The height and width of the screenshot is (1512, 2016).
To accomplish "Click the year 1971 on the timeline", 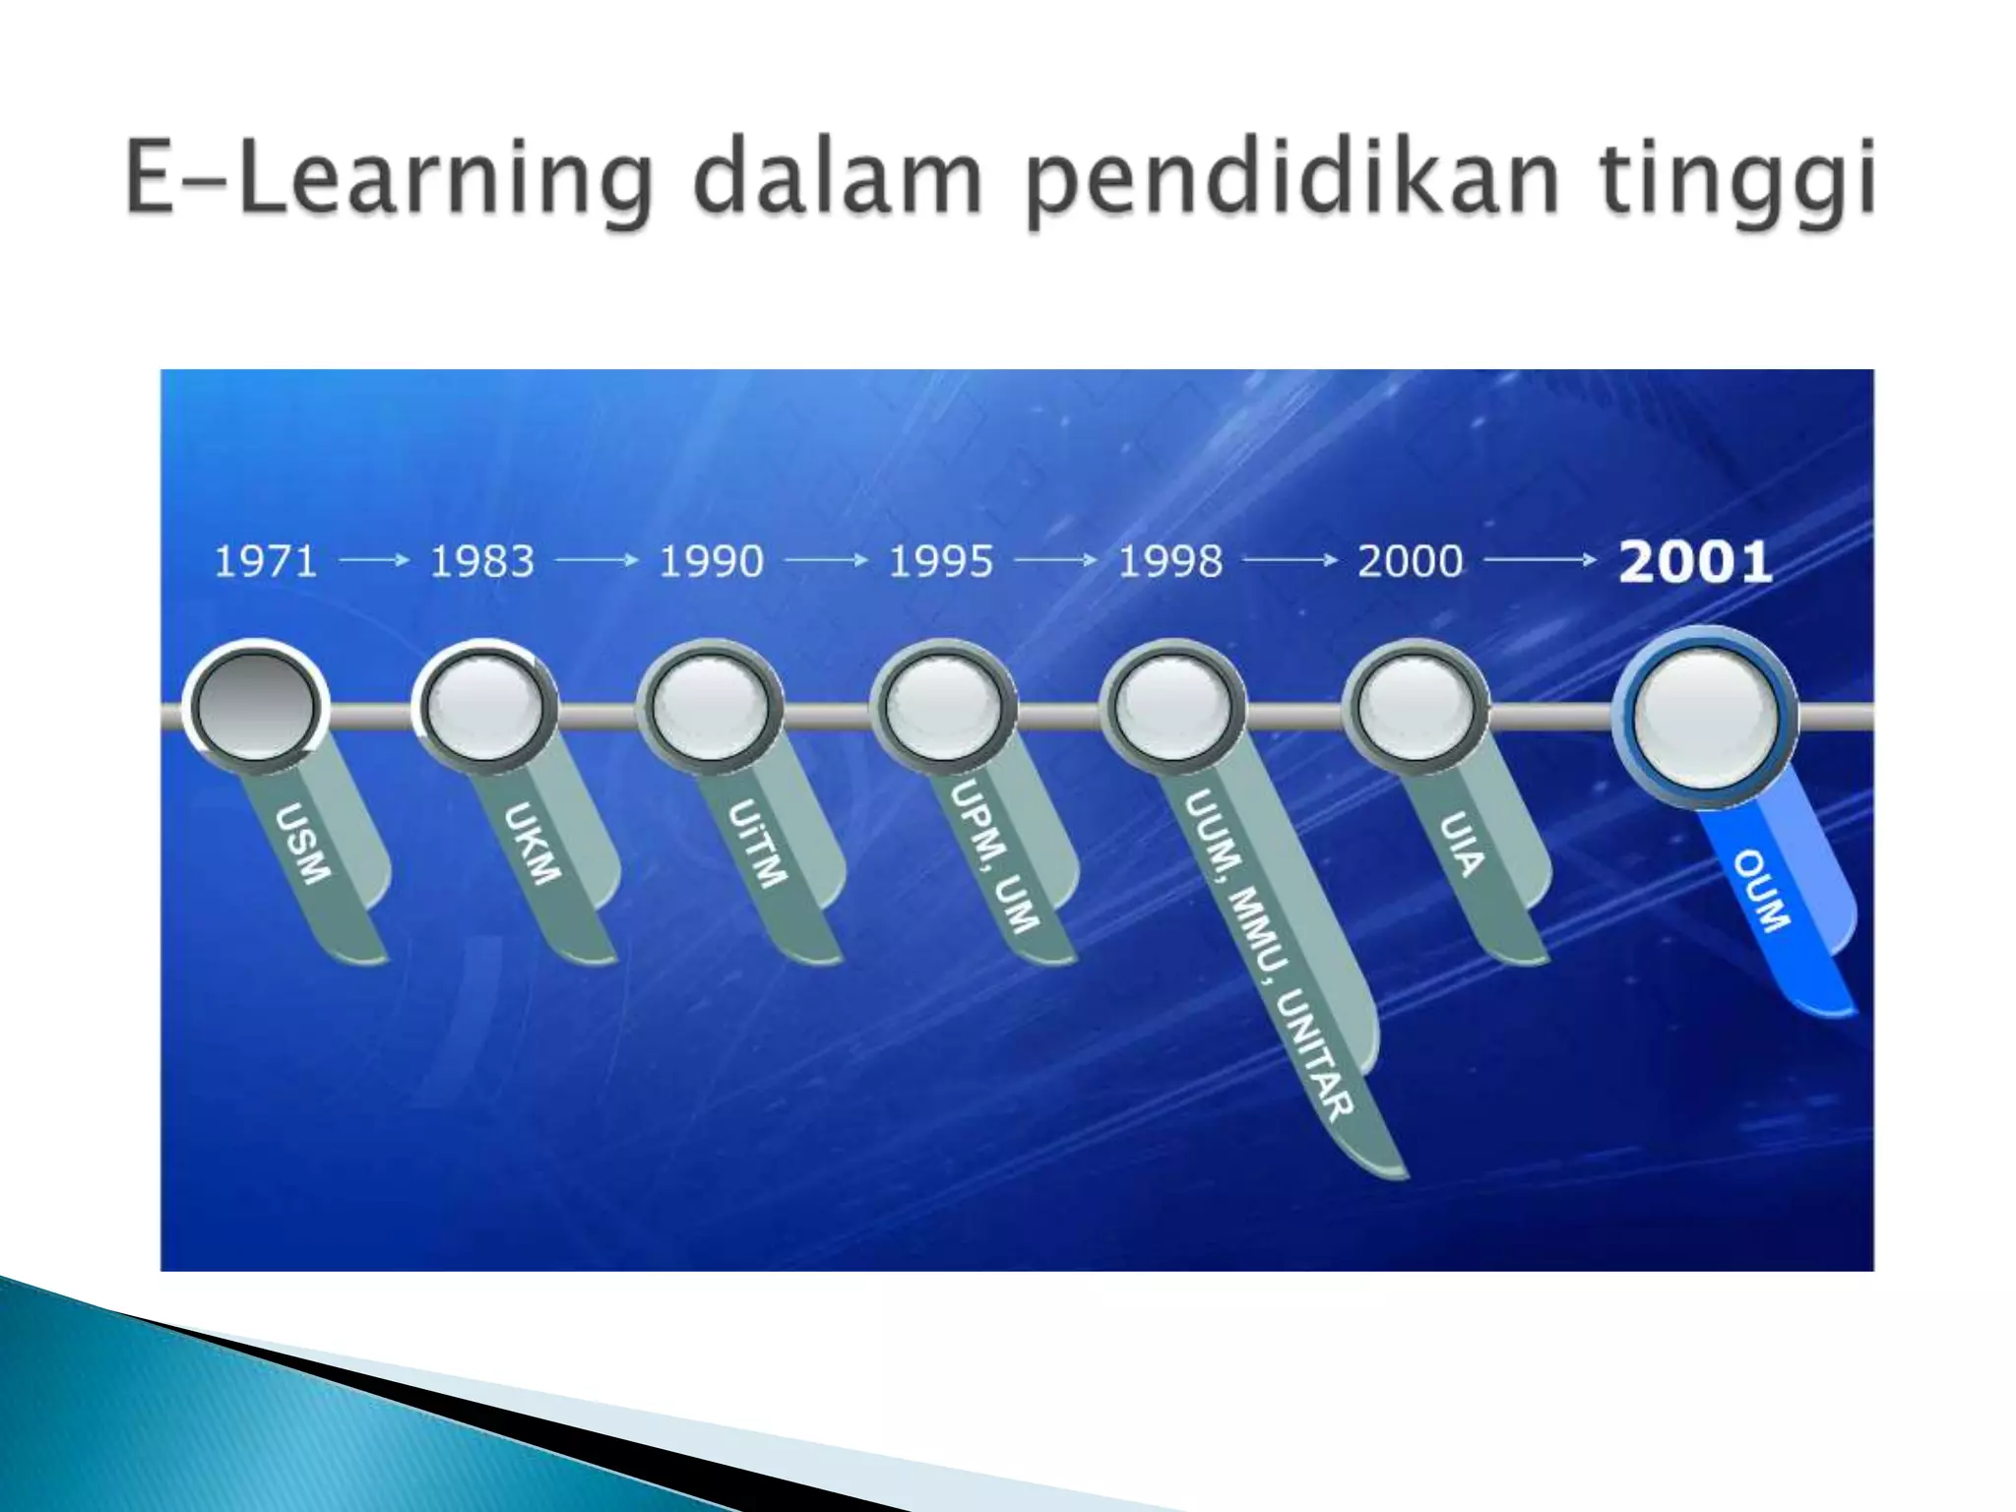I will click(266, 562).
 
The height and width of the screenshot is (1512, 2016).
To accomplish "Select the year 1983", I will click(482, 562).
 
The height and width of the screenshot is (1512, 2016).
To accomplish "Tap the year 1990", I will click(711, 562).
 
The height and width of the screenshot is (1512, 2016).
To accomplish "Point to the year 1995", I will click(941, 562).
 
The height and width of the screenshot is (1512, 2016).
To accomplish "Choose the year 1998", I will click(1170, 562).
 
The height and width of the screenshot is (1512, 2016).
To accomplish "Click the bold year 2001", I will click(1696, 562).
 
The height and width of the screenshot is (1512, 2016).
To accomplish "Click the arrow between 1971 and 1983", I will click(374, 561).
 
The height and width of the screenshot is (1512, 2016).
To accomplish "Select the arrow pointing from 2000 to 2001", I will click(1541, 561).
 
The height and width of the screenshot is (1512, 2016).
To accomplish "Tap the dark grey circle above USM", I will click(256, 706).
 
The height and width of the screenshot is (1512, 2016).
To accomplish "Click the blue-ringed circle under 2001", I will click(1705, 717).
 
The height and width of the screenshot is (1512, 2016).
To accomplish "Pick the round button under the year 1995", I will click(943, 706).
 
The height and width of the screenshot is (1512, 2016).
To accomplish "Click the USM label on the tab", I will click(302, 844).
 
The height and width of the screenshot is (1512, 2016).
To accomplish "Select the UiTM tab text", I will click(758, 844).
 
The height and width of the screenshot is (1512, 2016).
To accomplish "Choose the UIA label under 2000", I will click(1462, 844).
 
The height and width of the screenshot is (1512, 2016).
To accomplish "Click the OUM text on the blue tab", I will click(1761, 890).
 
